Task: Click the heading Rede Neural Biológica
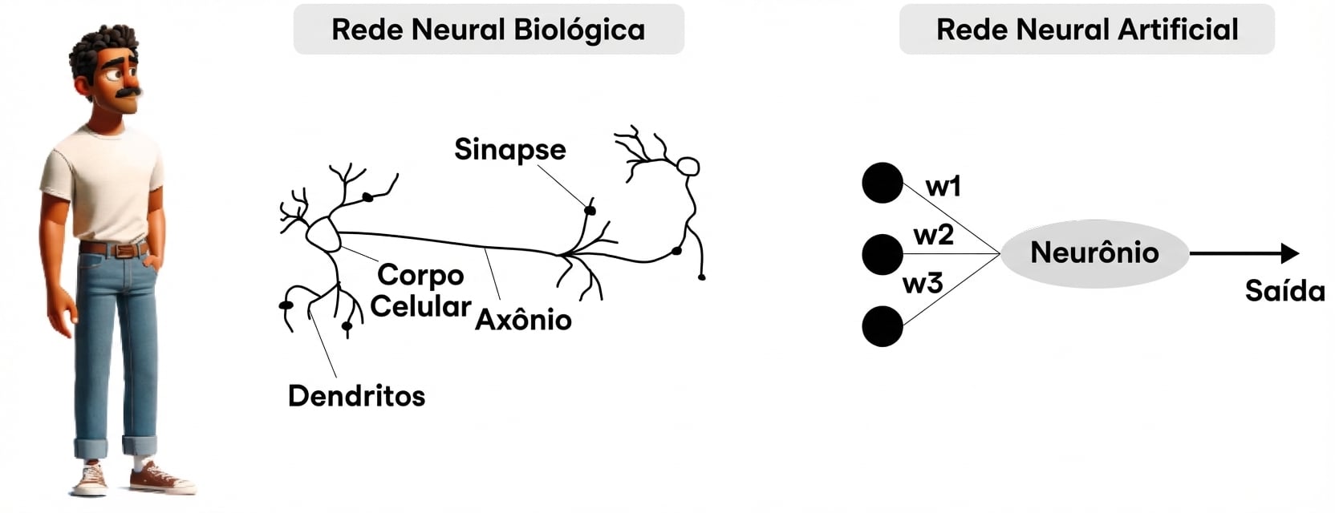[488, 30]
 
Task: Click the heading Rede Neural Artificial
[1086, 30]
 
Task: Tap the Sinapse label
[509, 149]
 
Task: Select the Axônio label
[523, 320]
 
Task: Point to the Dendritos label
[356, 395]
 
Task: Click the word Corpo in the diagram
[420, 275]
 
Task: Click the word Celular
[420, 306]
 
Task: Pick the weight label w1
[943, 187]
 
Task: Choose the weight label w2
[933, 235]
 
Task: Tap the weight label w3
[923, 284]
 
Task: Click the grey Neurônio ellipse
[1094, 253]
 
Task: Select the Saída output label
[1284, 291]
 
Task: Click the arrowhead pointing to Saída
[1289, 253]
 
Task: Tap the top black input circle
[883, 183]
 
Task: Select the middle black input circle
[883, 254]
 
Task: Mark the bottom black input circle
[883, 326]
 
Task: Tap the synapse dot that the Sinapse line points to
[590, 210]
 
